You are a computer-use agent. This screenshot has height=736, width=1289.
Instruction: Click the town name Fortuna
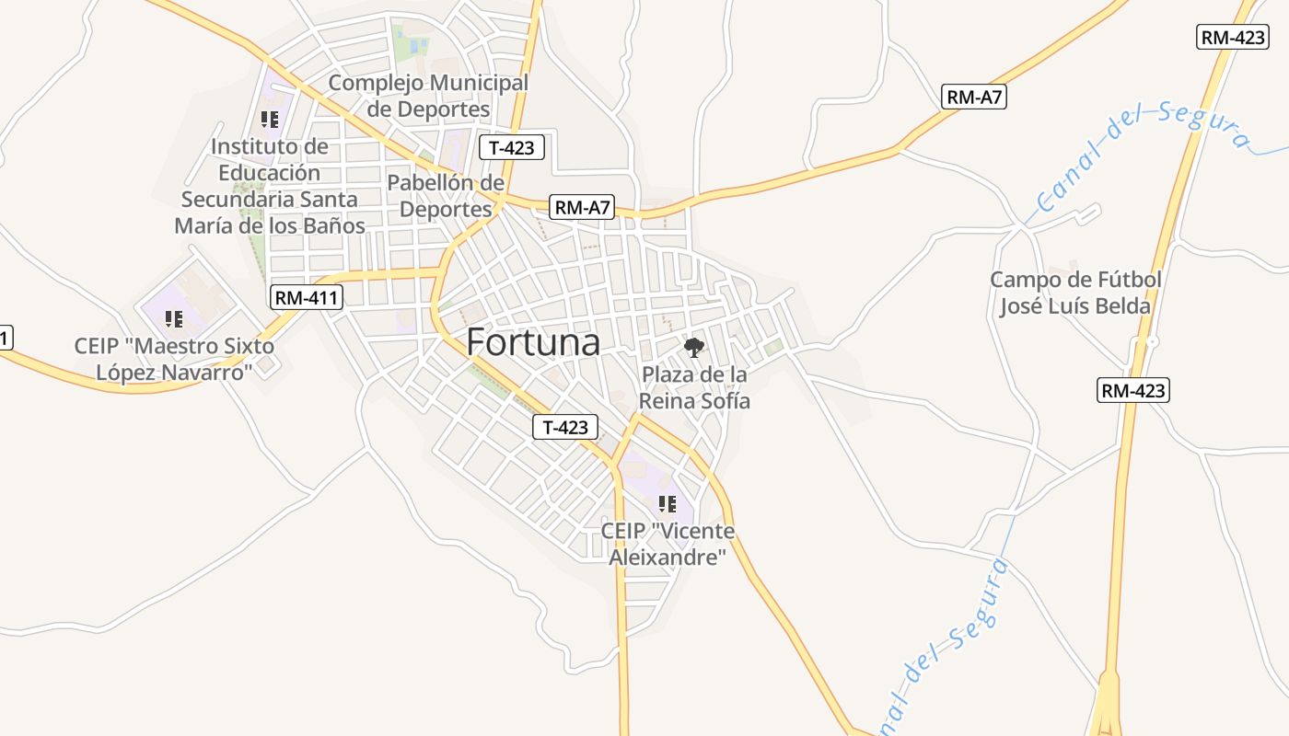tap(533, 342)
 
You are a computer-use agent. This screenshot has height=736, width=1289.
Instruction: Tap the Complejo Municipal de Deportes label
tap(428, 96)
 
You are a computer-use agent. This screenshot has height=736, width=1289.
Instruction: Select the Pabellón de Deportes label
tap(446, 196)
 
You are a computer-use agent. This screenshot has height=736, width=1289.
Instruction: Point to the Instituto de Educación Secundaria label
tap(269, 186)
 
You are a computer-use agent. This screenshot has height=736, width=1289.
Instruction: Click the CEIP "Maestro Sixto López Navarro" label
tap(174, 360)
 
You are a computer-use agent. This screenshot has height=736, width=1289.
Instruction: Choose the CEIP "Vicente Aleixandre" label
tap(668, 545)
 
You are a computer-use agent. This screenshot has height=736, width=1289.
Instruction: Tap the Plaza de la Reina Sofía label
tap(694, 388)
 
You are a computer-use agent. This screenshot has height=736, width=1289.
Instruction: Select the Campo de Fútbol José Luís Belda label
tap(1074, 293)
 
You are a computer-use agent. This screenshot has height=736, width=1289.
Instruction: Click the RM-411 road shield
tap(308, 297)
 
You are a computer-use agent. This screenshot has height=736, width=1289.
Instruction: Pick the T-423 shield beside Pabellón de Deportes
tap(512, 147)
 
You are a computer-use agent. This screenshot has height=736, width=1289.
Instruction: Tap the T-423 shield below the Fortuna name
tap(565, 427)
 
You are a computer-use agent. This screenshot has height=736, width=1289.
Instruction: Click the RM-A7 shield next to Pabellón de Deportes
tap(582, 207)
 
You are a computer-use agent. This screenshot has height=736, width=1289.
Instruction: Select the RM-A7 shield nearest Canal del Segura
tap(974, 97)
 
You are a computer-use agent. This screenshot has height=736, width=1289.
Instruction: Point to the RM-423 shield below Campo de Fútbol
tap(1133, 390)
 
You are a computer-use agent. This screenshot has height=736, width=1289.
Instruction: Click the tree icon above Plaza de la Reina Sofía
tap(694, 347)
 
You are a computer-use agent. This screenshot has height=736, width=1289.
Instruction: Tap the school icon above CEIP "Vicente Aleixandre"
tap(668, 503)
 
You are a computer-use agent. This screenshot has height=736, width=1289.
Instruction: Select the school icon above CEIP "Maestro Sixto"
tap(174, 319)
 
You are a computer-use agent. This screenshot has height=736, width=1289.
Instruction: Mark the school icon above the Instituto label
tap(269, 120)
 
